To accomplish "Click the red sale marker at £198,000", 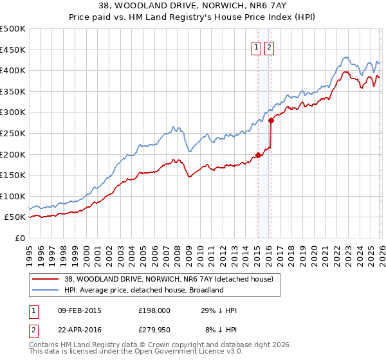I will tap(258, 155).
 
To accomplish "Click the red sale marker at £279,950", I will tap(271, 120).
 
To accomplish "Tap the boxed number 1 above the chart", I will tap(256, 47).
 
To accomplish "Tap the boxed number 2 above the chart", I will tap(268, 47).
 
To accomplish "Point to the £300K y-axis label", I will tap(13, 113).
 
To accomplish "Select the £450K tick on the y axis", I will tap(13, 50).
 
